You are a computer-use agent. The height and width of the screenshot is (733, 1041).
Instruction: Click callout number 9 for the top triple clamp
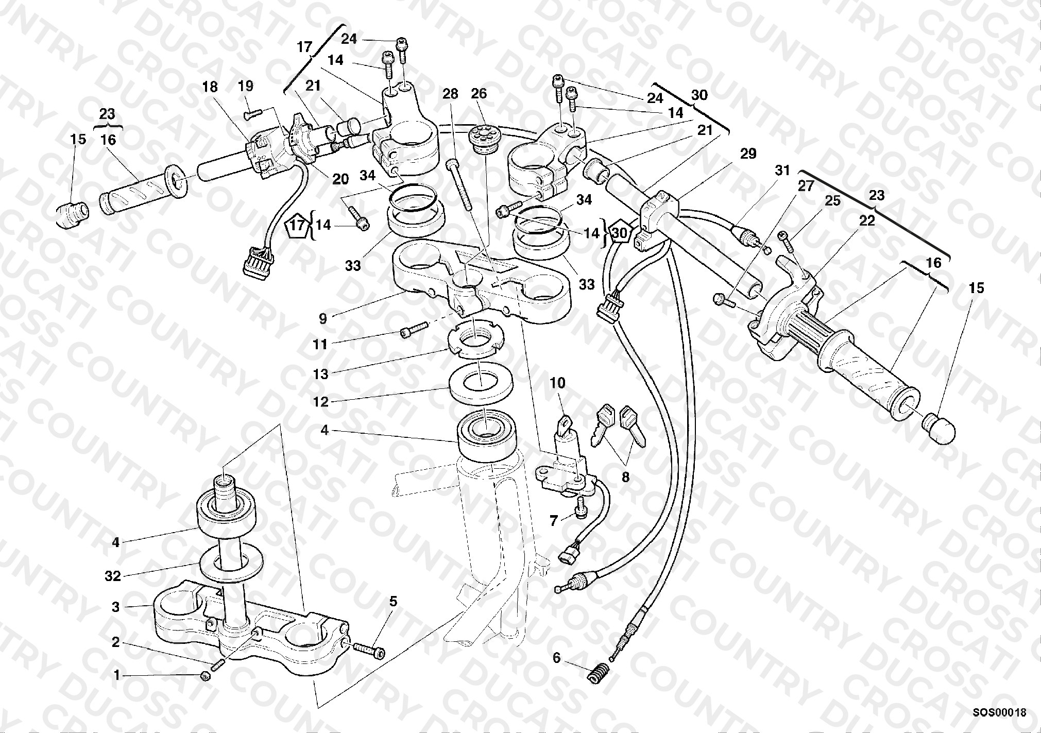tap(323, 319)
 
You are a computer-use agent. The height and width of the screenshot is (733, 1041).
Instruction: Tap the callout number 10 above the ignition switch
tap(557, 383)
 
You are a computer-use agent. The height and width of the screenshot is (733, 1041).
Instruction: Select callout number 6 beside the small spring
tap(556, 658)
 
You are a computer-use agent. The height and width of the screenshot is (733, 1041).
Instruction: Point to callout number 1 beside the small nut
tap(116, 675)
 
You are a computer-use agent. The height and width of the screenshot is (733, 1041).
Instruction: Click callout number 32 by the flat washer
tap(112, 575)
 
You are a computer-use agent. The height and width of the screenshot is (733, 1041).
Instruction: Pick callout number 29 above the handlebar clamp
tap(748, 154)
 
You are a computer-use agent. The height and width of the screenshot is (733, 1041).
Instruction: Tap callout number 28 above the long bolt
tap(450, 94)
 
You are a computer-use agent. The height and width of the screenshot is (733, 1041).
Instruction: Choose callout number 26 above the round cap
tap(479, 94)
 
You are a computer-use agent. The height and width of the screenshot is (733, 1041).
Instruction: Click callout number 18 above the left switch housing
tap(210, 87)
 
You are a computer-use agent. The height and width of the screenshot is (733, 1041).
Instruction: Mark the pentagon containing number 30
tap(620, 233)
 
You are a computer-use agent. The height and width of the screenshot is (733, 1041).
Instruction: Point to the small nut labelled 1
tap(205, 677)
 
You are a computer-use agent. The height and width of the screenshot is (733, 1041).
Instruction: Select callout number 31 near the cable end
tap(782, 171)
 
